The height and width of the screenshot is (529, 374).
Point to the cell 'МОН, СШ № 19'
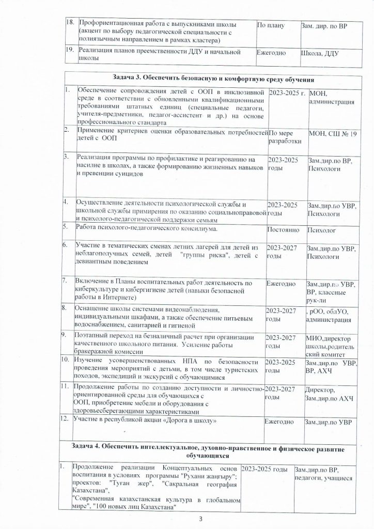tap(331, 135)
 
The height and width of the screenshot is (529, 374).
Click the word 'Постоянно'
tap(283, 228)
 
